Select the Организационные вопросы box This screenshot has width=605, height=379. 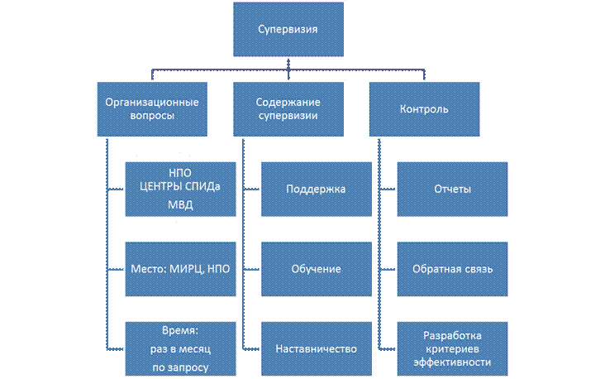click(x=151, y=108)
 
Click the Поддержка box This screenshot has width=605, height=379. click(x=315, y=189)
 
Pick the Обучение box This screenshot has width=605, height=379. click(x=315, y=269)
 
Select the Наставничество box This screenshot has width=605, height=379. click(x=315, y=348)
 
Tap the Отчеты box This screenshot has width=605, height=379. click(x=452, y=189)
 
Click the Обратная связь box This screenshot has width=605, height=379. click(x=452, y=269)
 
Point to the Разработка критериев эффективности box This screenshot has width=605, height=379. click(x=452, y=348)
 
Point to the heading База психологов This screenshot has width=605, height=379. click(x=180, y=155)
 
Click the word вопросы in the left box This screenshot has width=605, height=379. click(x=151, y=117)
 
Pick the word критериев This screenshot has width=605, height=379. click(x=453, y=348)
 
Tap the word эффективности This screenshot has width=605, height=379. click(x=453, y=361)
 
